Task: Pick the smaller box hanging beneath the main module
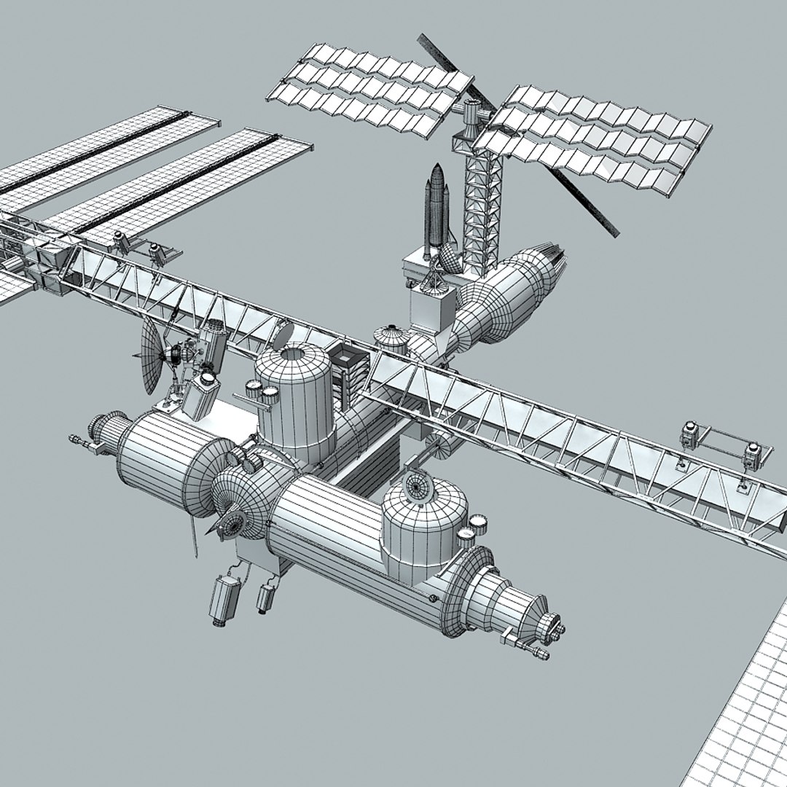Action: coord(265,595)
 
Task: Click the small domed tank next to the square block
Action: coord(391,338)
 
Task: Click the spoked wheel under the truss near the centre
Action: coord(440,447)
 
